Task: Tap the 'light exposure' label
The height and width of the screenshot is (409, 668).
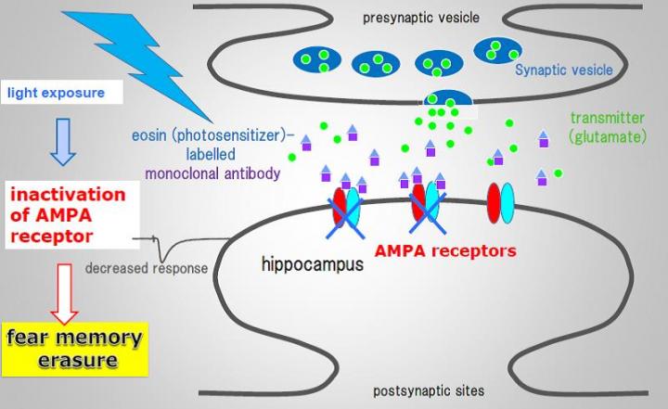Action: [x=56, y=93]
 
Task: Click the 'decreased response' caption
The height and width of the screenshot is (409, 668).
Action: [x=146, y=270]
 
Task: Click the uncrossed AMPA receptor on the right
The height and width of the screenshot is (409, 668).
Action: [x=500, y=204]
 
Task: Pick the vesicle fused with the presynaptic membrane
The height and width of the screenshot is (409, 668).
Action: [x=448, y=98]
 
